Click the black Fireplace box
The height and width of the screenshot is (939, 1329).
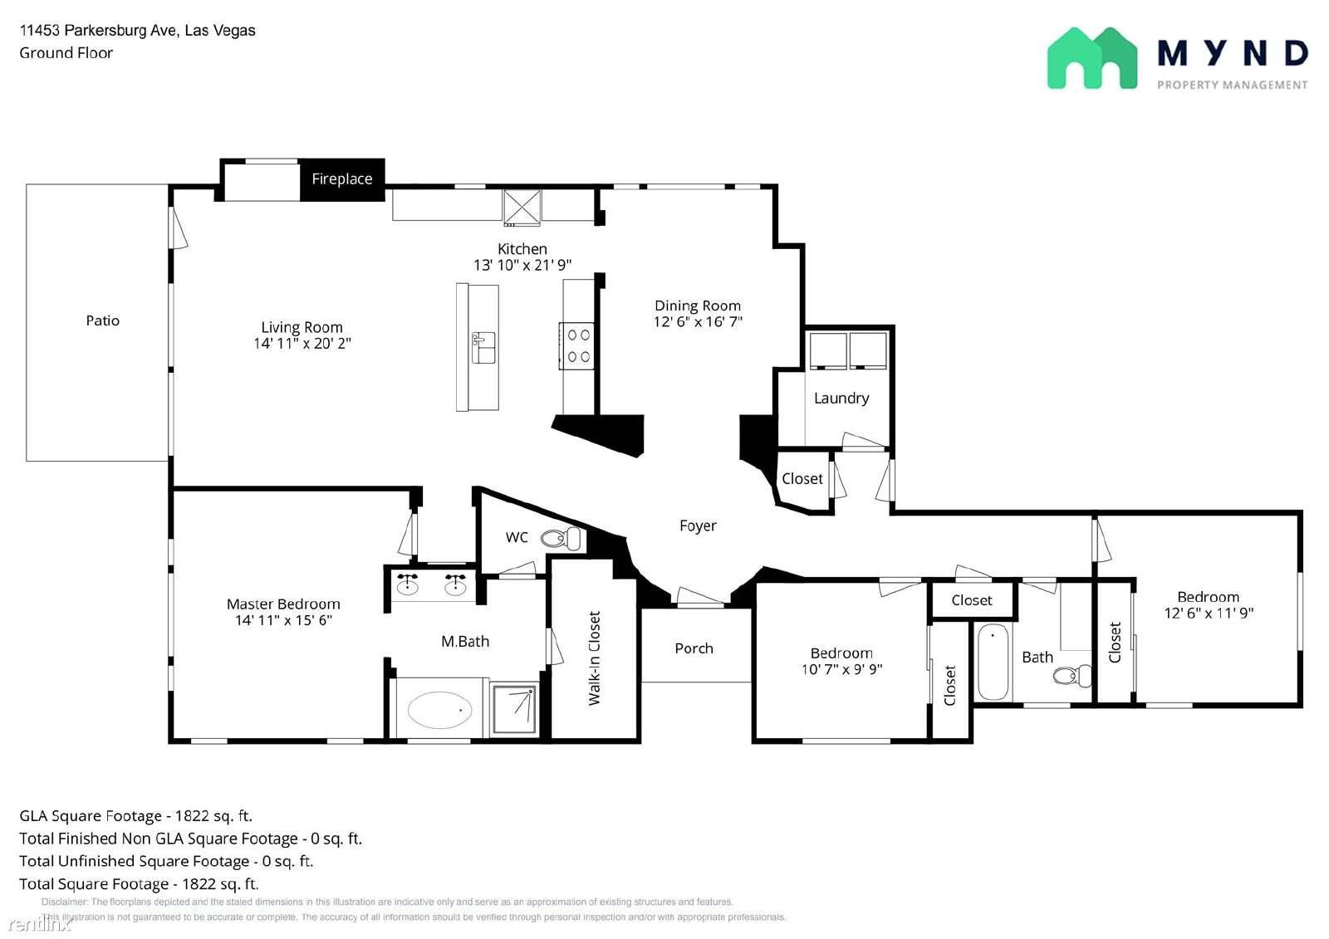(342, 179)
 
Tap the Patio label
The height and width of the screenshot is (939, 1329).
(103, 321)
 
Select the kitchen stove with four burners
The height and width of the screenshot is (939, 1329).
(576, 346)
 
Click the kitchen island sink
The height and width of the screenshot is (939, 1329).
(483, 348)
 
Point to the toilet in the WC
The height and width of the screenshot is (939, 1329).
(561, 539)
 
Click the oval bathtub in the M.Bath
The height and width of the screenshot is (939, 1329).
(439, 710)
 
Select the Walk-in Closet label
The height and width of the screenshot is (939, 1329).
(594, 658)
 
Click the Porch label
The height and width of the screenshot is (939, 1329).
(694, 648)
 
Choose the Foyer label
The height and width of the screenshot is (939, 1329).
(698, 526)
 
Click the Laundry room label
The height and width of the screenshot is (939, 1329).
(841, 399)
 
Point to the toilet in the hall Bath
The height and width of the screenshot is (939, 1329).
(1072, 676)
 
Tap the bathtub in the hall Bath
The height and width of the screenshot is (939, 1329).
(993, 662)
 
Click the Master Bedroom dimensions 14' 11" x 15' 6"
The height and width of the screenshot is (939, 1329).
(283, 620)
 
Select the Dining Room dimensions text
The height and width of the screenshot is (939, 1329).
(698, 322)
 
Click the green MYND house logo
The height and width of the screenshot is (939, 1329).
(1092, 58)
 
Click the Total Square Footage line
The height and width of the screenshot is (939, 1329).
(139, 884)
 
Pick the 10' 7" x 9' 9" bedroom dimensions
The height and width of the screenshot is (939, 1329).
(841, 670)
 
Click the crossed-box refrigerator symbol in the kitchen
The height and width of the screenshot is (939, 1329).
(522, 208)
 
